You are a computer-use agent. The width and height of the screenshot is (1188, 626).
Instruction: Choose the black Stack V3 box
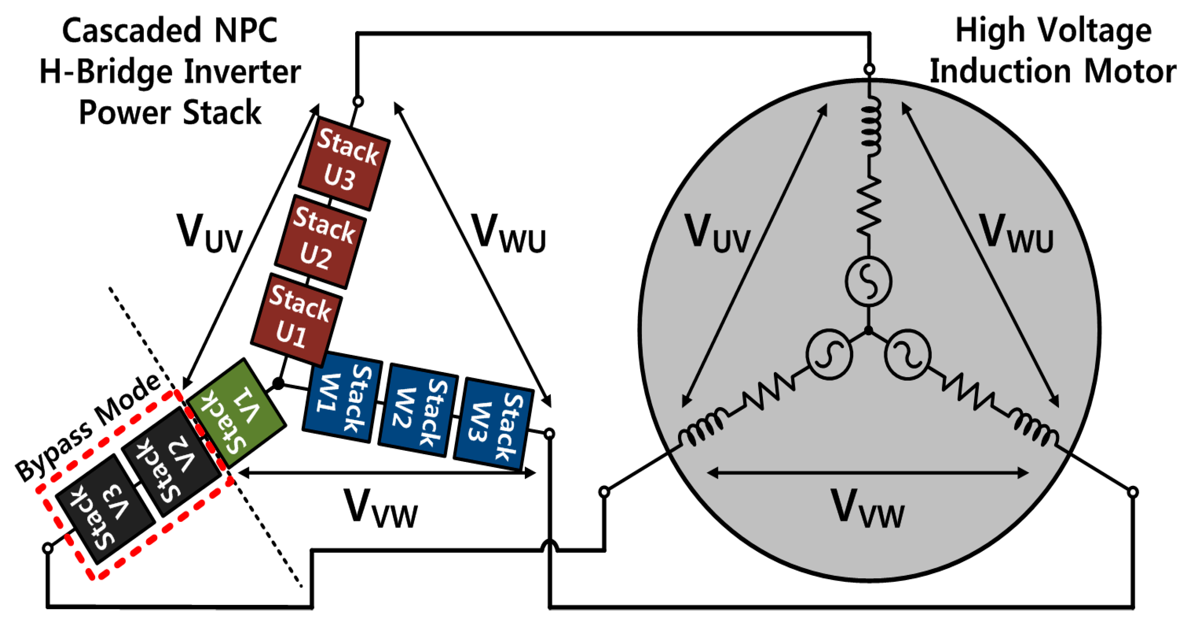pos(105,509)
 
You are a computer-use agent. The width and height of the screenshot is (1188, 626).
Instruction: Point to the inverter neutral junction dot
pos(278,383)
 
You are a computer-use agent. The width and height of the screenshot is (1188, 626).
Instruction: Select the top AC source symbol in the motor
pos(868,281)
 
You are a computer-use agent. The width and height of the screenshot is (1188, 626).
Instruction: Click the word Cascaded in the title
pos(131,30)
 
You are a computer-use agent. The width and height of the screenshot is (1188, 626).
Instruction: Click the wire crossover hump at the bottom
pos(549,547)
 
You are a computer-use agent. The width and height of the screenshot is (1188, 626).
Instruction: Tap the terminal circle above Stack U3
pos(358,101)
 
